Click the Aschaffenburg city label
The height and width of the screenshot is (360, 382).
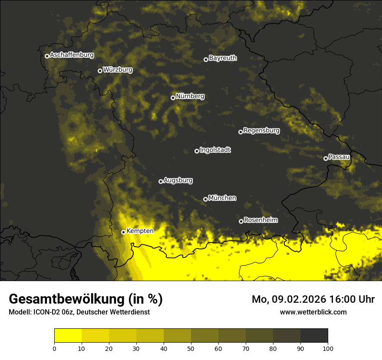click(x=72, y=55)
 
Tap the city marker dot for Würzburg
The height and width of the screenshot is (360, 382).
click(x=100, y=71)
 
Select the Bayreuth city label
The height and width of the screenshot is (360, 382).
click(x=223, y=58)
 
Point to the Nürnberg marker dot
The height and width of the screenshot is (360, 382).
click(x=173, y=98)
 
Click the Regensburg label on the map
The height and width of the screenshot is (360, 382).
click(x=261, y=131)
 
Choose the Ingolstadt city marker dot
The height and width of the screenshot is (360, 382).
click(x=197, y=151)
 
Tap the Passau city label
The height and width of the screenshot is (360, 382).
click(x=339, y=157)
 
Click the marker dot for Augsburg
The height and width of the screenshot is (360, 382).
click(x=161, y=181)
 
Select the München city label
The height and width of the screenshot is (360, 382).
click(x=222, y=198)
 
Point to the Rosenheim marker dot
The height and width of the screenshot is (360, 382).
click(x=241, y=221)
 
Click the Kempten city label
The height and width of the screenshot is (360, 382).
click(x=140, y=231)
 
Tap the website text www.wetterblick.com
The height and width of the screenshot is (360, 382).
click(x=313, y=312)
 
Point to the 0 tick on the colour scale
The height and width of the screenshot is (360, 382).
click(x=54, y=348)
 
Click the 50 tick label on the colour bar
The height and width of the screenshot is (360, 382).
click(x=191, y=348)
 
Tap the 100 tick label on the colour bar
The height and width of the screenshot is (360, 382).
click(x=328, y=348)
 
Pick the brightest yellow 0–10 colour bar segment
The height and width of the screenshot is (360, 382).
click(x=68, y=336)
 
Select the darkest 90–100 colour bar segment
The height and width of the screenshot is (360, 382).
click(x=314, y=336)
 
